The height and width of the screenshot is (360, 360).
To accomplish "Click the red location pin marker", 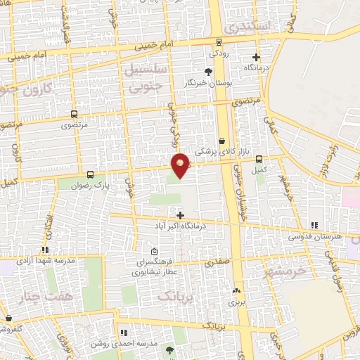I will coord(181,165).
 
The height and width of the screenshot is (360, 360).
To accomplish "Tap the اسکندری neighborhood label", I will coord(243,27).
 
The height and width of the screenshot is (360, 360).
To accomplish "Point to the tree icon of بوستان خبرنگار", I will coord(207,72).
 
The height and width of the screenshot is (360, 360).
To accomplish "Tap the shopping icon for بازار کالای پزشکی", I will coord(222,141).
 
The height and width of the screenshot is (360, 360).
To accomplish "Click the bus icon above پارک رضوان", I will coord(90,174).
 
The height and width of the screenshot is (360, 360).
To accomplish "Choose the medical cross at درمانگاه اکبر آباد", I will coord(180,215).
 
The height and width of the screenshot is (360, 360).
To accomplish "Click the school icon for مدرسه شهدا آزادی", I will coord(45,249).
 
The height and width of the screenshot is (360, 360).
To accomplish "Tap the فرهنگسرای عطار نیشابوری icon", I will coord(155,252).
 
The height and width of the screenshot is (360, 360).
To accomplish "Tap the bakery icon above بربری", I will coord(236,290).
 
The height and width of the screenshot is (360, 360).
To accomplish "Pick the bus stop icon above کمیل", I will coord(259,159).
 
